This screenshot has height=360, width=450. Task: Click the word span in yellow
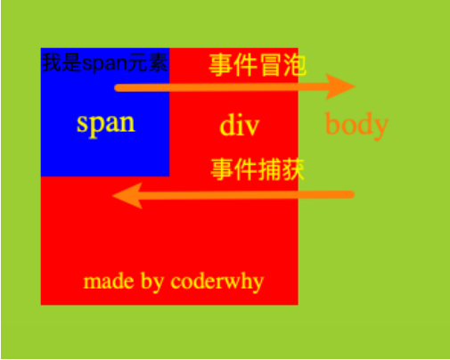pyautogui.click(x=105, y=123)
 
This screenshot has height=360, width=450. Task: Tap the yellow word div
pyautogui.click(x=239, y=126)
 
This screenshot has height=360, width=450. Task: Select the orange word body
pyautogui.click(x=356, y=124)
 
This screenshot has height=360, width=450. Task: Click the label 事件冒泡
pyautogui.click(x=258, y=65)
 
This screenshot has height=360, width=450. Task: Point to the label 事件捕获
pyautogui.click(x=258, y=169)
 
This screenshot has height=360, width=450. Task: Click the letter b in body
pyautogui.click(x=331, y=124)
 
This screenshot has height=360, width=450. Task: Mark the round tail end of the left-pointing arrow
pyautogui.click(x=351, y=194)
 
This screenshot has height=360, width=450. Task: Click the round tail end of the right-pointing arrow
pyautogui.click(x=118, y=87)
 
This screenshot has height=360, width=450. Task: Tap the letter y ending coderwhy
pyautogui.click(x=258, y=283)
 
